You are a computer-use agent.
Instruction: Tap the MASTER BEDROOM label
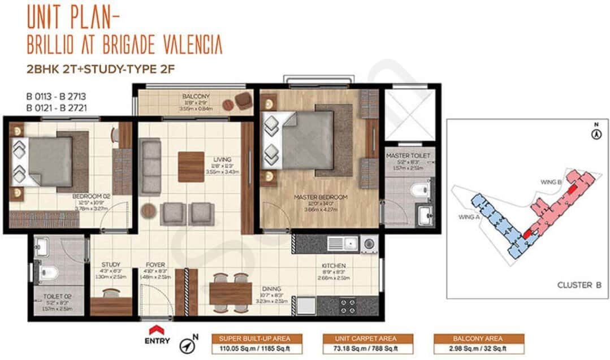coord(321,197)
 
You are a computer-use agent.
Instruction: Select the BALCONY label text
coord(196,96)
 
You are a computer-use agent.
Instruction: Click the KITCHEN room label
coord(334,266)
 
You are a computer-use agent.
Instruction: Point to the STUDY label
coord(111,264)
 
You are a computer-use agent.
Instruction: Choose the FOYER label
coord(155,264)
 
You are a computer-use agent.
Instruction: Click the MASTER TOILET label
coord(408,155)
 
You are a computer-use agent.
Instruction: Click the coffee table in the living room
coord(191,167)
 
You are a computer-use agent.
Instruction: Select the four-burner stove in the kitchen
coord(348,306)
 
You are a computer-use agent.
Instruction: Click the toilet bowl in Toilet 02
coord(49,274)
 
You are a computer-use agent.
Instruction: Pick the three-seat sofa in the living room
coord(151,168)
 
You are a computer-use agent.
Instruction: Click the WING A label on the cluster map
coord(465,216)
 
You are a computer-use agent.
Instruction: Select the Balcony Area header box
coord(478,339)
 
